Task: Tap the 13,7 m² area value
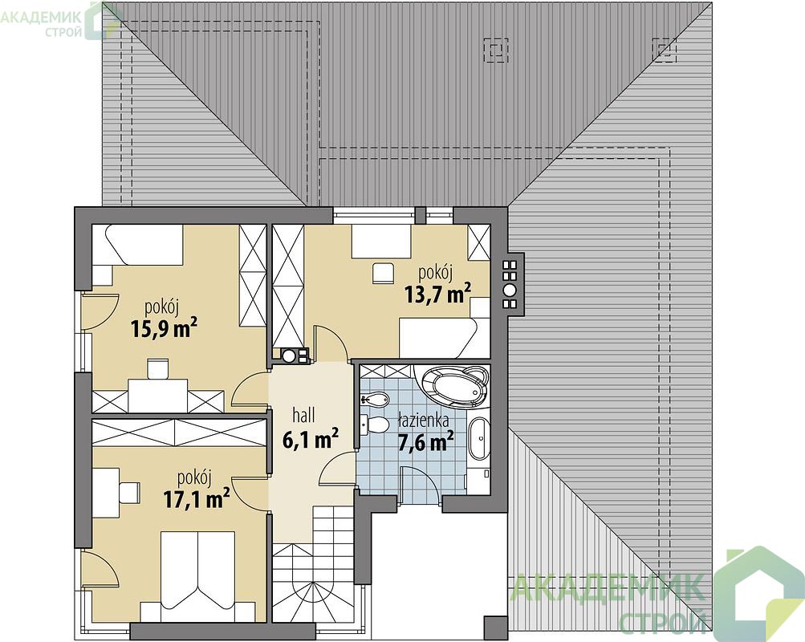[438, 294]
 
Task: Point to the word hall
[304, 415]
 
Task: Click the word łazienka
[424, 421]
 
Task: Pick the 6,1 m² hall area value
[310, 439]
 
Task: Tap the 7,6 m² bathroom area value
[425, 441]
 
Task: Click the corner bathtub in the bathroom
[455, 385]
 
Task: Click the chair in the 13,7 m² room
[383, 273]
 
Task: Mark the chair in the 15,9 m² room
[157, 368]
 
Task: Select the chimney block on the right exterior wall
[512, 284]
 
